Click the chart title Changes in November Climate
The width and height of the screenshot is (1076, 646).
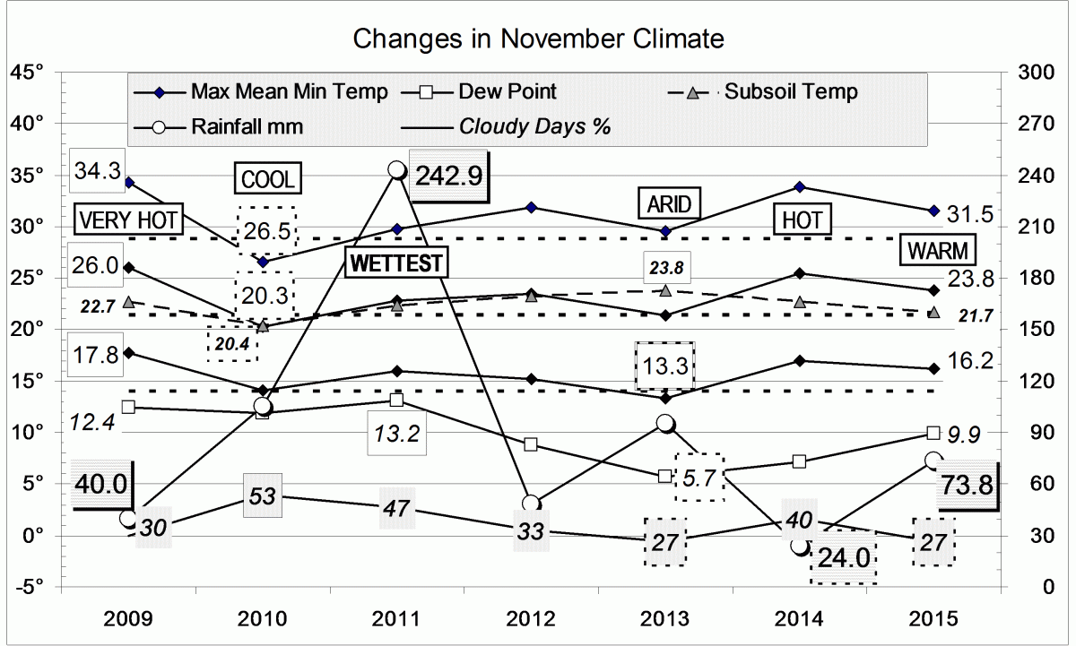[x=538, y=39]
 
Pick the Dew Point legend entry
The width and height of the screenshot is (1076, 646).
[x=507, y=91]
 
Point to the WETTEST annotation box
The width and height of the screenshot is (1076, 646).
[x=396, y=263]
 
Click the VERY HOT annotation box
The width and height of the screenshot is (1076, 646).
[x=129, y=220]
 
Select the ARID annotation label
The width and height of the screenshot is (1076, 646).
[x=669, y=204]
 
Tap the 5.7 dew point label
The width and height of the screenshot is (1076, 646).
[x=699, y=478]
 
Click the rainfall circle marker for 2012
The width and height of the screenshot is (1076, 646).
[x=531, y=504]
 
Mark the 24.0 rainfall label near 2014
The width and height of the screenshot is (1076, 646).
[x=843, y=559]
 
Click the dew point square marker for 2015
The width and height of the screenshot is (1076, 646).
[x=933, y=433]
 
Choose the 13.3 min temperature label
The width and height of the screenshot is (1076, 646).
[x=665, y=366]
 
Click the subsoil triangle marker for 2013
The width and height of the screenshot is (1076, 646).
[x=665, y=290]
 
